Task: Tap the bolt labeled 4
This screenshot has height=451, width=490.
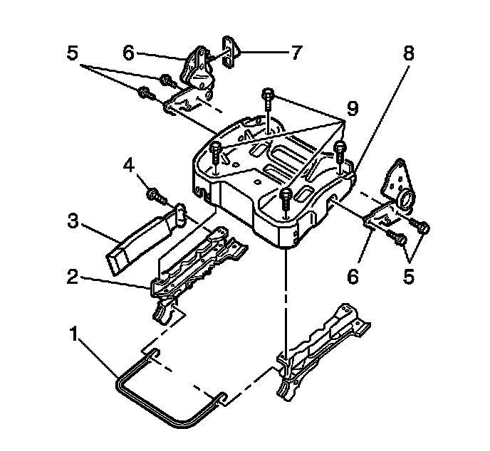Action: click(155, 193)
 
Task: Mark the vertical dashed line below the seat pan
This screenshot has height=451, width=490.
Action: click(285, 299)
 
